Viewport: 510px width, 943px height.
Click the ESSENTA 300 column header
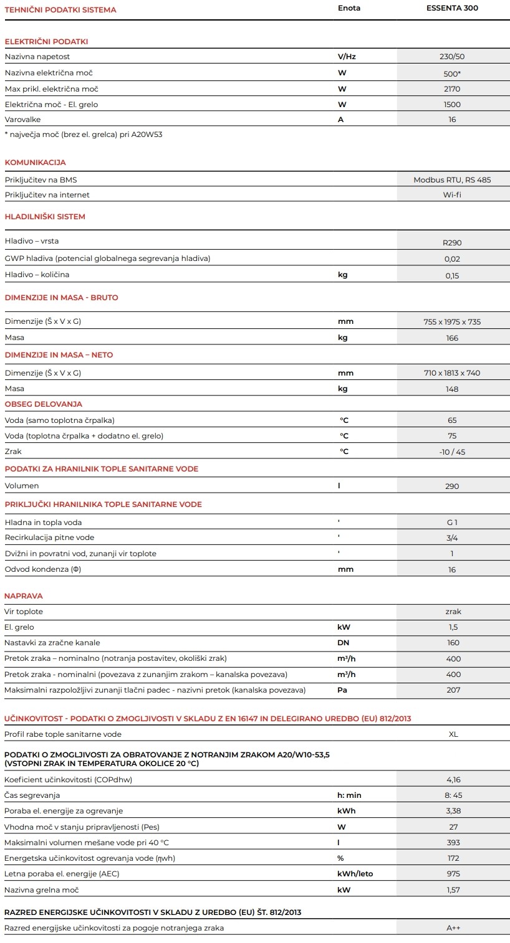tap(453, 8)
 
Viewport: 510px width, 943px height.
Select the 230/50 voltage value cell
tap(452, 57)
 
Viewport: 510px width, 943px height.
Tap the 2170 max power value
tap(452, 89)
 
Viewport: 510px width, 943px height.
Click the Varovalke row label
tap(23, 120)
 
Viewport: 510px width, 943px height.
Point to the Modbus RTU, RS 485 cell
tap(452, 180)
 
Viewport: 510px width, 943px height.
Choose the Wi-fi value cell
tap(452, 195)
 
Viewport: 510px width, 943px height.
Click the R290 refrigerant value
tap(452, 243)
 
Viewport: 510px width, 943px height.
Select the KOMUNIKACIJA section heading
tap(35, 163)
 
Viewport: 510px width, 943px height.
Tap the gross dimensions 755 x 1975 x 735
tap(452, 322)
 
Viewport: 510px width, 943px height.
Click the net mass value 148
tap(452, 389)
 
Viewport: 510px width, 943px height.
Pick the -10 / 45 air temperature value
tap(452, 452)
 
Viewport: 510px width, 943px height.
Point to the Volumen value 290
tap(452, 486)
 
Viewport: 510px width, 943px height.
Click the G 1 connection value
tap(452, 523)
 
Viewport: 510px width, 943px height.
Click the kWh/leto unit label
tap(355, 874)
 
